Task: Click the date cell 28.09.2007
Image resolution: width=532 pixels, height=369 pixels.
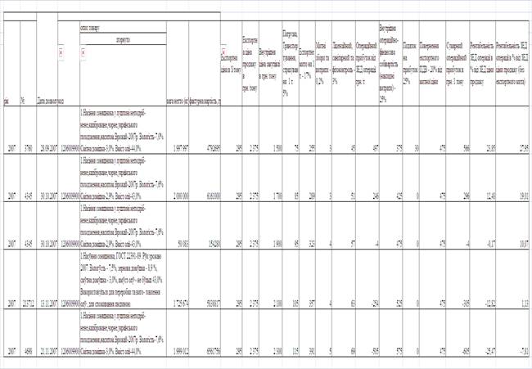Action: [46, 148]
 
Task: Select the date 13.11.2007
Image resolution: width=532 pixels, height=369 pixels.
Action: [46, 303]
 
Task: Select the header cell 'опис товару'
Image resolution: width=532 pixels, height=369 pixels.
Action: [95, 27]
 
